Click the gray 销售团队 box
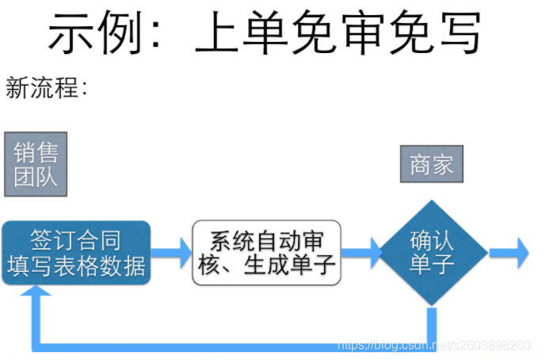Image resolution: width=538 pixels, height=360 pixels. pos(36,164)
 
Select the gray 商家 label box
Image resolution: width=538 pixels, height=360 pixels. pos(431,165)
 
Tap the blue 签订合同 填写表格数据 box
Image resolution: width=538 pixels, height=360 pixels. pos(76,253)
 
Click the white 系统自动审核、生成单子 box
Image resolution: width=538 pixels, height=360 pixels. pos(267,253)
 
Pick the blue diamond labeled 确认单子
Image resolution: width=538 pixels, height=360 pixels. pos(432,253)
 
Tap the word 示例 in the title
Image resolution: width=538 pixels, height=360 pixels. pos(87,33)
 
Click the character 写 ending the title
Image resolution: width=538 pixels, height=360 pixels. pos(458,33)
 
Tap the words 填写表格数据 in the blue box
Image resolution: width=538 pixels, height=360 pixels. pos(76,266)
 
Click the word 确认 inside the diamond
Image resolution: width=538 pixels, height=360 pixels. pos(432,240)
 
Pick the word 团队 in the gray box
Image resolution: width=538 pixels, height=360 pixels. pos(36,177)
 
